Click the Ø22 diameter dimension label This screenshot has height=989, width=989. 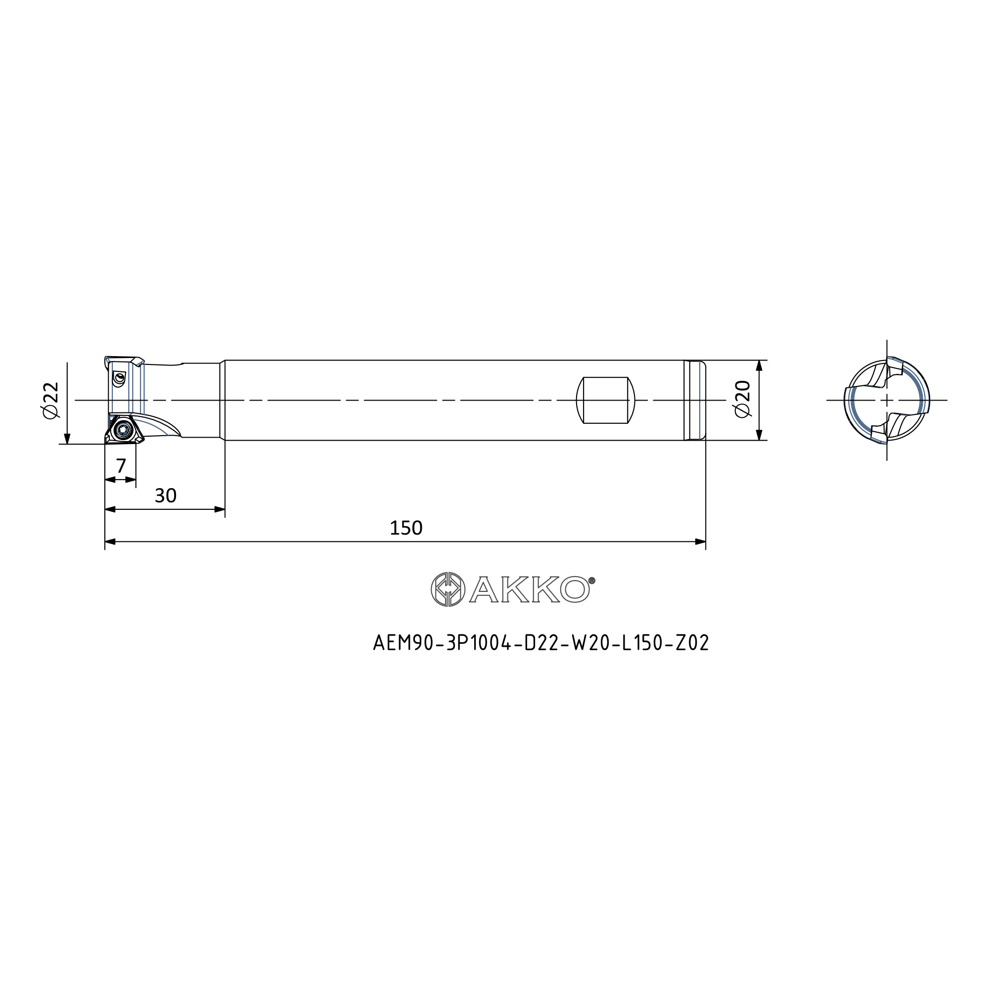[51, 401]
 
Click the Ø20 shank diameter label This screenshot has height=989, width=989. [742, 399]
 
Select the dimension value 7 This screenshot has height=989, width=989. [121, 466]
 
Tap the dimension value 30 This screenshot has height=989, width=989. [165, 495]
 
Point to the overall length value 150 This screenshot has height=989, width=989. [406, 528]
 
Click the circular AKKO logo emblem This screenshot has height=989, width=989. [448, 589]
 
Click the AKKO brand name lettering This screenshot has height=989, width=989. [529, 589]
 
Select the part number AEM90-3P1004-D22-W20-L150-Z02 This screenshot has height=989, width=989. [541, 642]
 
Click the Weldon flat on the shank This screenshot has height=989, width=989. [606, 401]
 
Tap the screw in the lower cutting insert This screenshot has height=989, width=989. [122, 429]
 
